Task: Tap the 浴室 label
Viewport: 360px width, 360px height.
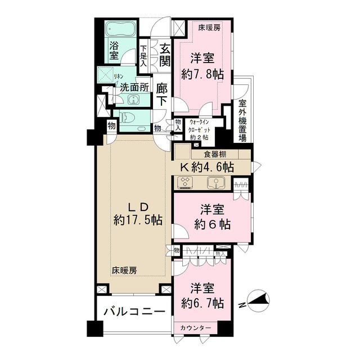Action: [x=114, y=51]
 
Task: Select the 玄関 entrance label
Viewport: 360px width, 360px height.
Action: [x=164, y=55]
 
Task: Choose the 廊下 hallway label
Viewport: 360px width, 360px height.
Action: [x=162, y=94]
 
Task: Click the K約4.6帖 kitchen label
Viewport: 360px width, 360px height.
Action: [x=206, y=166]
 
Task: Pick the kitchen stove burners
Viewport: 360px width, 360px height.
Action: [x=185, y=182]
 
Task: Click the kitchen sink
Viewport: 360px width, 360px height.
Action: [x=216, y=182]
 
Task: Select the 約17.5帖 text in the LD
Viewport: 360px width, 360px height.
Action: [x=138, y=219]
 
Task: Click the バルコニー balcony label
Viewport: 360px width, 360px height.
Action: [x=133, y=312]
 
